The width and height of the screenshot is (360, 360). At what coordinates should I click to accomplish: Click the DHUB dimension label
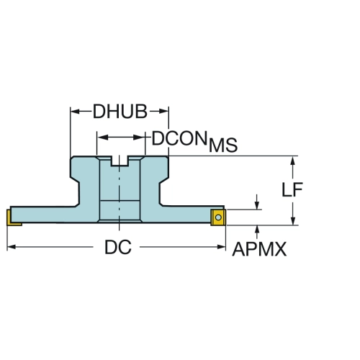pyautogui.click(x=120, y=112)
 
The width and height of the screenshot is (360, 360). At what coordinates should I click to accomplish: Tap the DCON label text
pyautogui.click(x=179, y=138)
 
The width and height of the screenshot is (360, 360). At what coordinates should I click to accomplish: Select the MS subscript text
pyautogui.click(x=223, y=145)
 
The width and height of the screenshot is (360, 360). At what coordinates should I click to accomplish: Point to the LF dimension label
pyautogui.click(x=292, y=189)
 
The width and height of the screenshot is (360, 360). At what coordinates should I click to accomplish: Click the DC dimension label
pyautogui.click(x=118, y=247)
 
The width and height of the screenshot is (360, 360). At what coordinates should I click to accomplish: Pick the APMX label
pyautogui.click(x=259, y=249)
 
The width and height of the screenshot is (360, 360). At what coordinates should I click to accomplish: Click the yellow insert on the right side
pyautogui.click(x=218, y=217)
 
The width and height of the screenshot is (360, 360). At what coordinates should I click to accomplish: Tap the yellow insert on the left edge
pyautogui.click(x=12, y=217)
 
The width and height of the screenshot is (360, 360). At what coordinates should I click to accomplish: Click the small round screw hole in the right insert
pyautogui.click(x=218, y=217)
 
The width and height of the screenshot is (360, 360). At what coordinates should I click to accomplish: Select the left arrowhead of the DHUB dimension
pyautogui.click(x=76, y=112)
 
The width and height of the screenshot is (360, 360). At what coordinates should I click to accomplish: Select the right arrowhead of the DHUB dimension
pyautogui.click(x=163, y=112)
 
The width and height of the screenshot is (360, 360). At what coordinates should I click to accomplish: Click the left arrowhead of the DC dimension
pyautogui.click(x=12, y=247)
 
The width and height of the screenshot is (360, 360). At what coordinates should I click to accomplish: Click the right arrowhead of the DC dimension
pyautogui.click(x=221, y=247)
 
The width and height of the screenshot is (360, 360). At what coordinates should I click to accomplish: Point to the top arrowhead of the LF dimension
pyautogui.click(x=292, y=161)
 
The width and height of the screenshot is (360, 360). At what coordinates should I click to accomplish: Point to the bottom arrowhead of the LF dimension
pyautogui.click(x=292, y=221)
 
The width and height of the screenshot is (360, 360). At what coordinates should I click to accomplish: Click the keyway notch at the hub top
pyautogui.click(x=120, y=161)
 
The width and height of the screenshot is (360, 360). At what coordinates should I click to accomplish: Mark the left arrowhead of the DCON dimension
pyautogui.click(x=102, y=138)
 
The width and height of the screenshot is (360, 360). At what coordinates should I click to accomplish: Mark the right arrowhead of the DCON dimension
pyautogui.click(x=140, y=138)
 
